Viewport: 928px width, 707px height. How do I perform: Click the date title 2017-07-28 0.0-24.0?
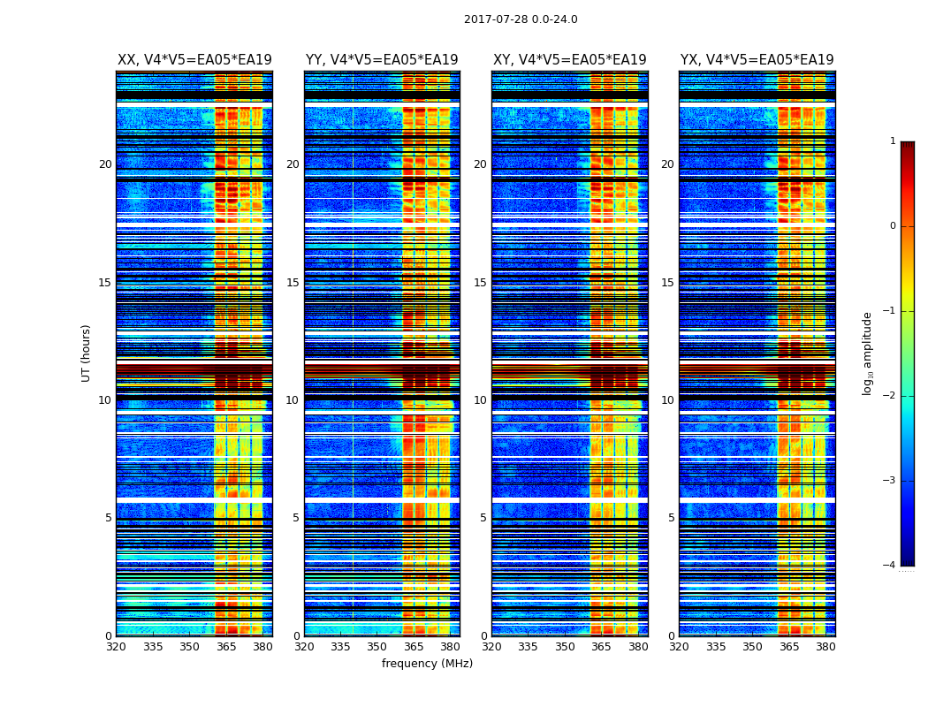[521, 19]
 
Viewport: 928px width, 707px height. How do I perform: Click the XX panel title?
[194, 60]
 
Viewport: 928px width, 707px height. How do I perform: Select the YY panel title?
[382, 60]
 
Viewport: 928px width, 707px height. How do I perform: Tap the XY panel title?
[569, 60]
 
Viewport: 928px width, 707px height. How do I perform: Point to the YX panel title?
[757, 60]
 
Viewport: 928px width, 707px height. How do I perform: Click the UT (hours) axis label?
[87, 353]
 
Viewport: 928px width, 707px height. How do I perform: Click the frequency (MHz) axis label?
[427, 664]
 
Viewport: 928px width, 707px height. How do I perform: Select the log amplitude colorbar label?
[867, 353]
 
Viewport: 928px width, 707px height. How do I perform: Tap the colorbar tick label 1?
[893, 141]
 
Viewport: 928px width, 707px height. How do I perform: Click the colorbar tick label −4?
[890, 566]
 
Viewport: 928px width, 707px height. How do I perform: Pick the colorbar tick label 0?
[893, 226]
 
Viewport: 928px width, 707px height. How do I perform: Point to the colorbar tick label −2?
[890, 396]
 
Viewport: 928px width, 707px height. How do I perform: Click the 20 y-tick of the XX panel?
[105, 164]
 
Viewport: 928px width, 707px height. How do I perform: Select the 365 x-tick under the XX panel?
[226, 647]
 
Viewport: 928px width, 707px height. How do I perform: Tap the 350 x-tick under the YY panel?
[377, 647]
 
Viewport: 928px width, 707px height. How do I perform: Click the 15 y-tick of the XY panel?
[480, 283]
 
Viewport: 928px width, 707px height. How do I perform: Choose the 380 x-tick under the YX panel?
[825, 647]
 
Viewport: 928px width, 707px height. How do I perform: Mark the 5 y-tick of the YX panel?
[671, 518]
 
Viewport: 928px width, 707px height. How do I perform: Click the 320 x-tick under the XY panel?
[491, 647]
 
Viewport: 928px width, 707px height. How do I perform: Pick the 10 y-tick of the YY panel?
[293, 400]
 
